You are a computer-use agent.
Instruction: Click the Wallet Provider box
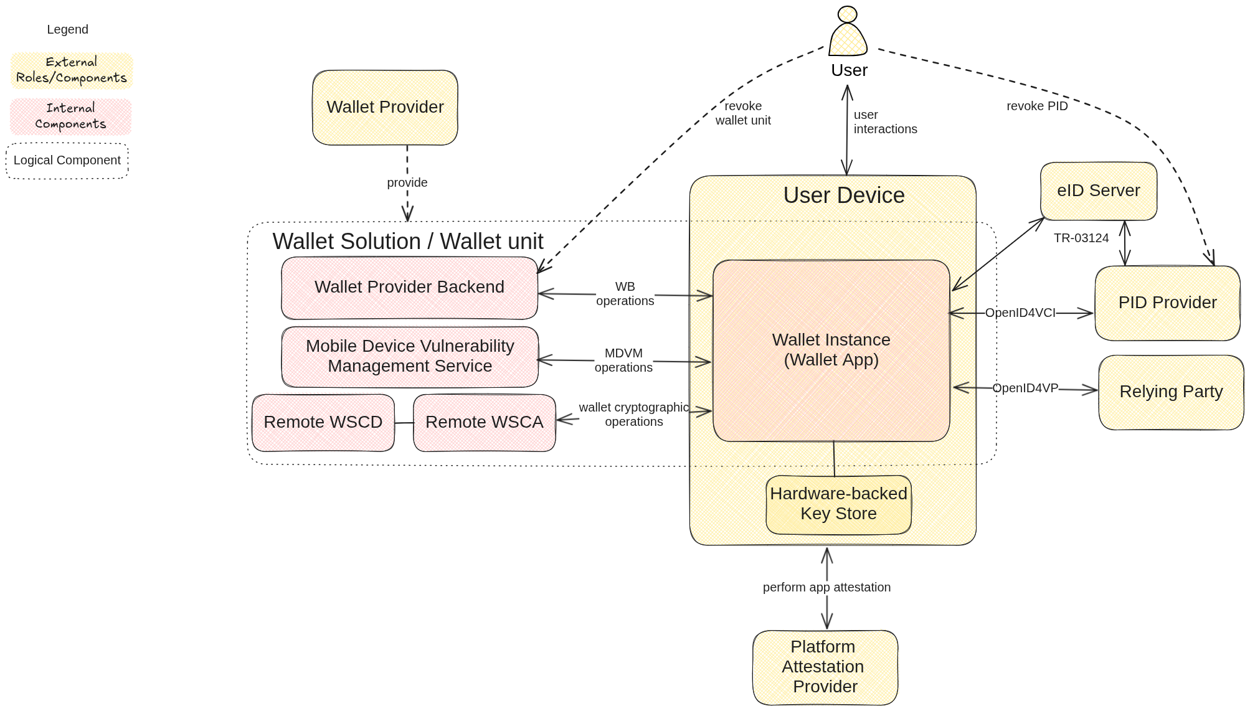click(385, 108)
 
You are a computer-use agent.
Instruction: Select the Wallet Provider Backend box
click(409, 288)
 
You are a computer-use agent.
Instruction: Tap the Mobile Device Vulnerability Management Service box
click(410, 357)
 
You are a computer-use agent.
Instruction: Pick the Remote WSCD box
click(323, 423)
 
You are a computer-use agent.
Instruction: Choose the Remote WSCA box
click(484, 423)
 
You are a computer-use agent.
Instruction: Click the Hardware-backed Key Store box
click(838, 504)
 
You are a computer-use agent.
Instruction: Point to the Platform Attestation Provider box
click(825, 667)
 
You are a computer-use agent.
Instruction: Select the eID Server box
click(1098, 191)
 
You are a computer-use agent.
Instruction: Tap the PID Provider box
click(1167, 303)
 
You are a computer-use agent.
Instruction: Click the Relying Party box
click(1171, 392)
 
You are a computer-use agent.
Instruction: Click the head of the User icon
click(848, 14)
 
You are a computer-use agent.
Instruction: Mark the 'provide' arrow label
click(407, 183)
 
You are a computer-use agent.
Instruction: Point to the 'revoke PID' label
click(1037, 106)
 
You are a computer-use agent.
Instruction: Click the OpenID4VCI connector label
click(1020, 313)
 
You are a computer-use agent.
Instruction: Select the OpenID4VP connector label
click(1025, 388)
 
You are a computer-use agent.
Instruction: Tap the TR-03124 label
click(1081, 238)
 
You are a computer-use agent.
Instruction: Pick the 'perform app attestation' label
click(826, 588)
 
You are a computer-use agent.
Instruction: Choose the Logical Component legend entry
click(67, 161)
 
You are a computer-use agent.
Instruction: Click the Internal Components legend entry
click(71, 116)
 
